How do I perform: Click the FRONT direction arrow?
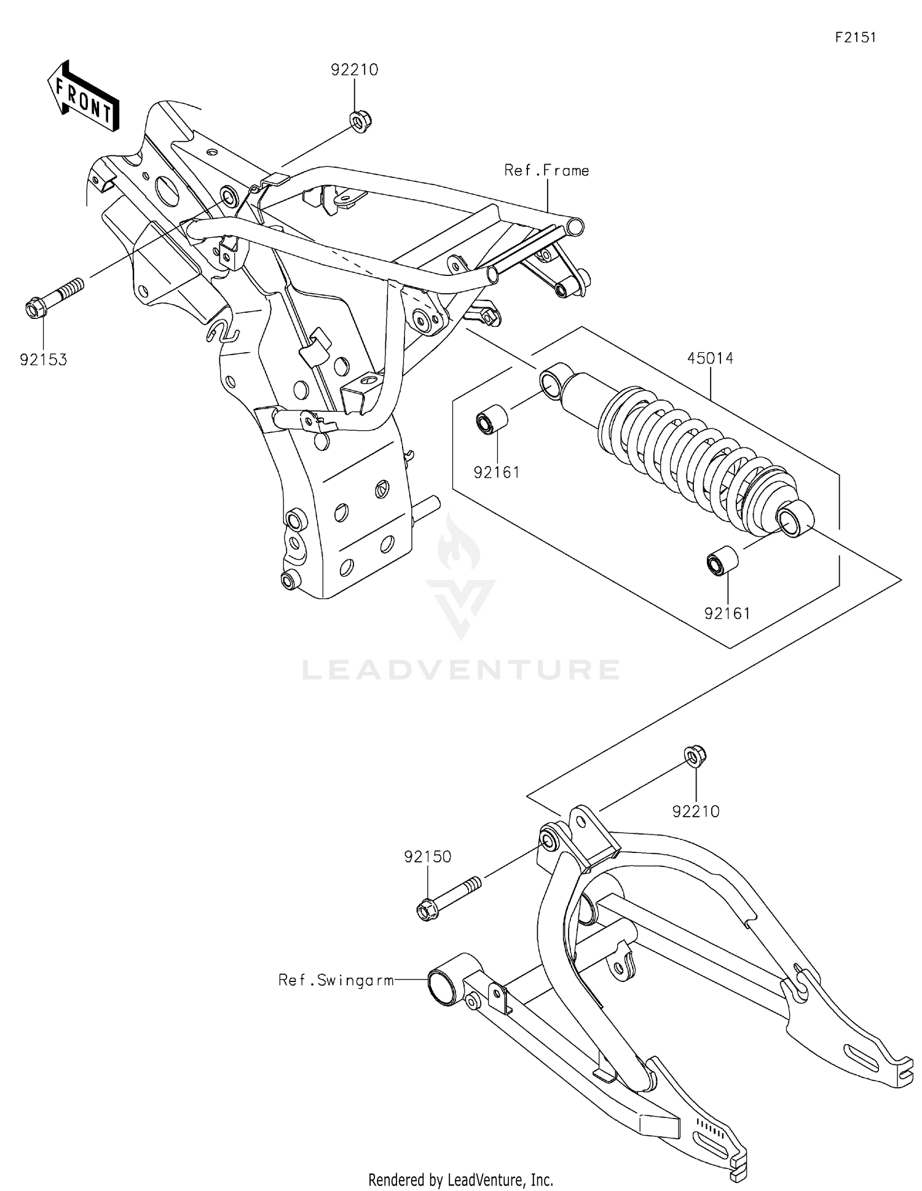(84, 97)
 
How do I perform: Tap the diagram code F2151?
(855, 37)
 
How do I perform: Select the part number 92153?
(43, 360)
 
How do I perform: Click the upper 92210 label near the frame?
(354, 70)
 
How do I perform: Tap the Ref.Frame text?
(546, 171)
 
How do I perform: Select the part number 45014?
(710, 358)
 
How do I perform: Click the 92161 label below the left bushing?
(496, 473)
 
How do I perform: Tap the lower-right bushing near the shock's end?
(722, 560)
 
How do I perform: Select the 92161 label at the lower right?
(727, 613)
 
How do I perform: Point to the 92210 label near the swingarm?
(696, 812)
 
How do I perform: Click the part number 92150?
(428, 857)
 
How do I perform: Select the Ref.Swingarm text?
(336, 980)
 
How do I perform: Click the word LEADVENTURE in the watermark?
(461, 670)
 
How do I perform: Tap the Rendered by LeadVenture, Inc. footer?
(460, 1179)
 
